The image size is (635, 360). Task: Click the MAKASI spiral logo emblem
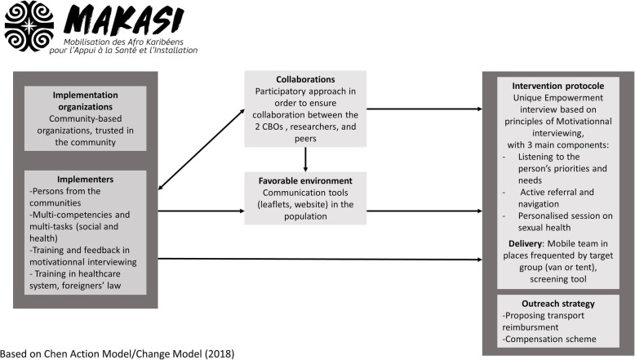(x=29, y=28)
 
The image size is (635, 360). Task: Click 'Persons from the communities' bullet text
(x=61, y=197)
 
